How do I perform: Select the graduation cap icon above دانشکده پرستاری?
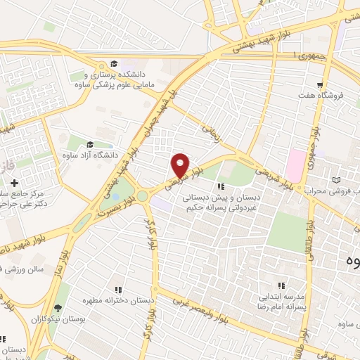click(114, 62)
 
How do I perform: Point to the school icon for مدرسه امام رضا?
click(281, 286)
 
